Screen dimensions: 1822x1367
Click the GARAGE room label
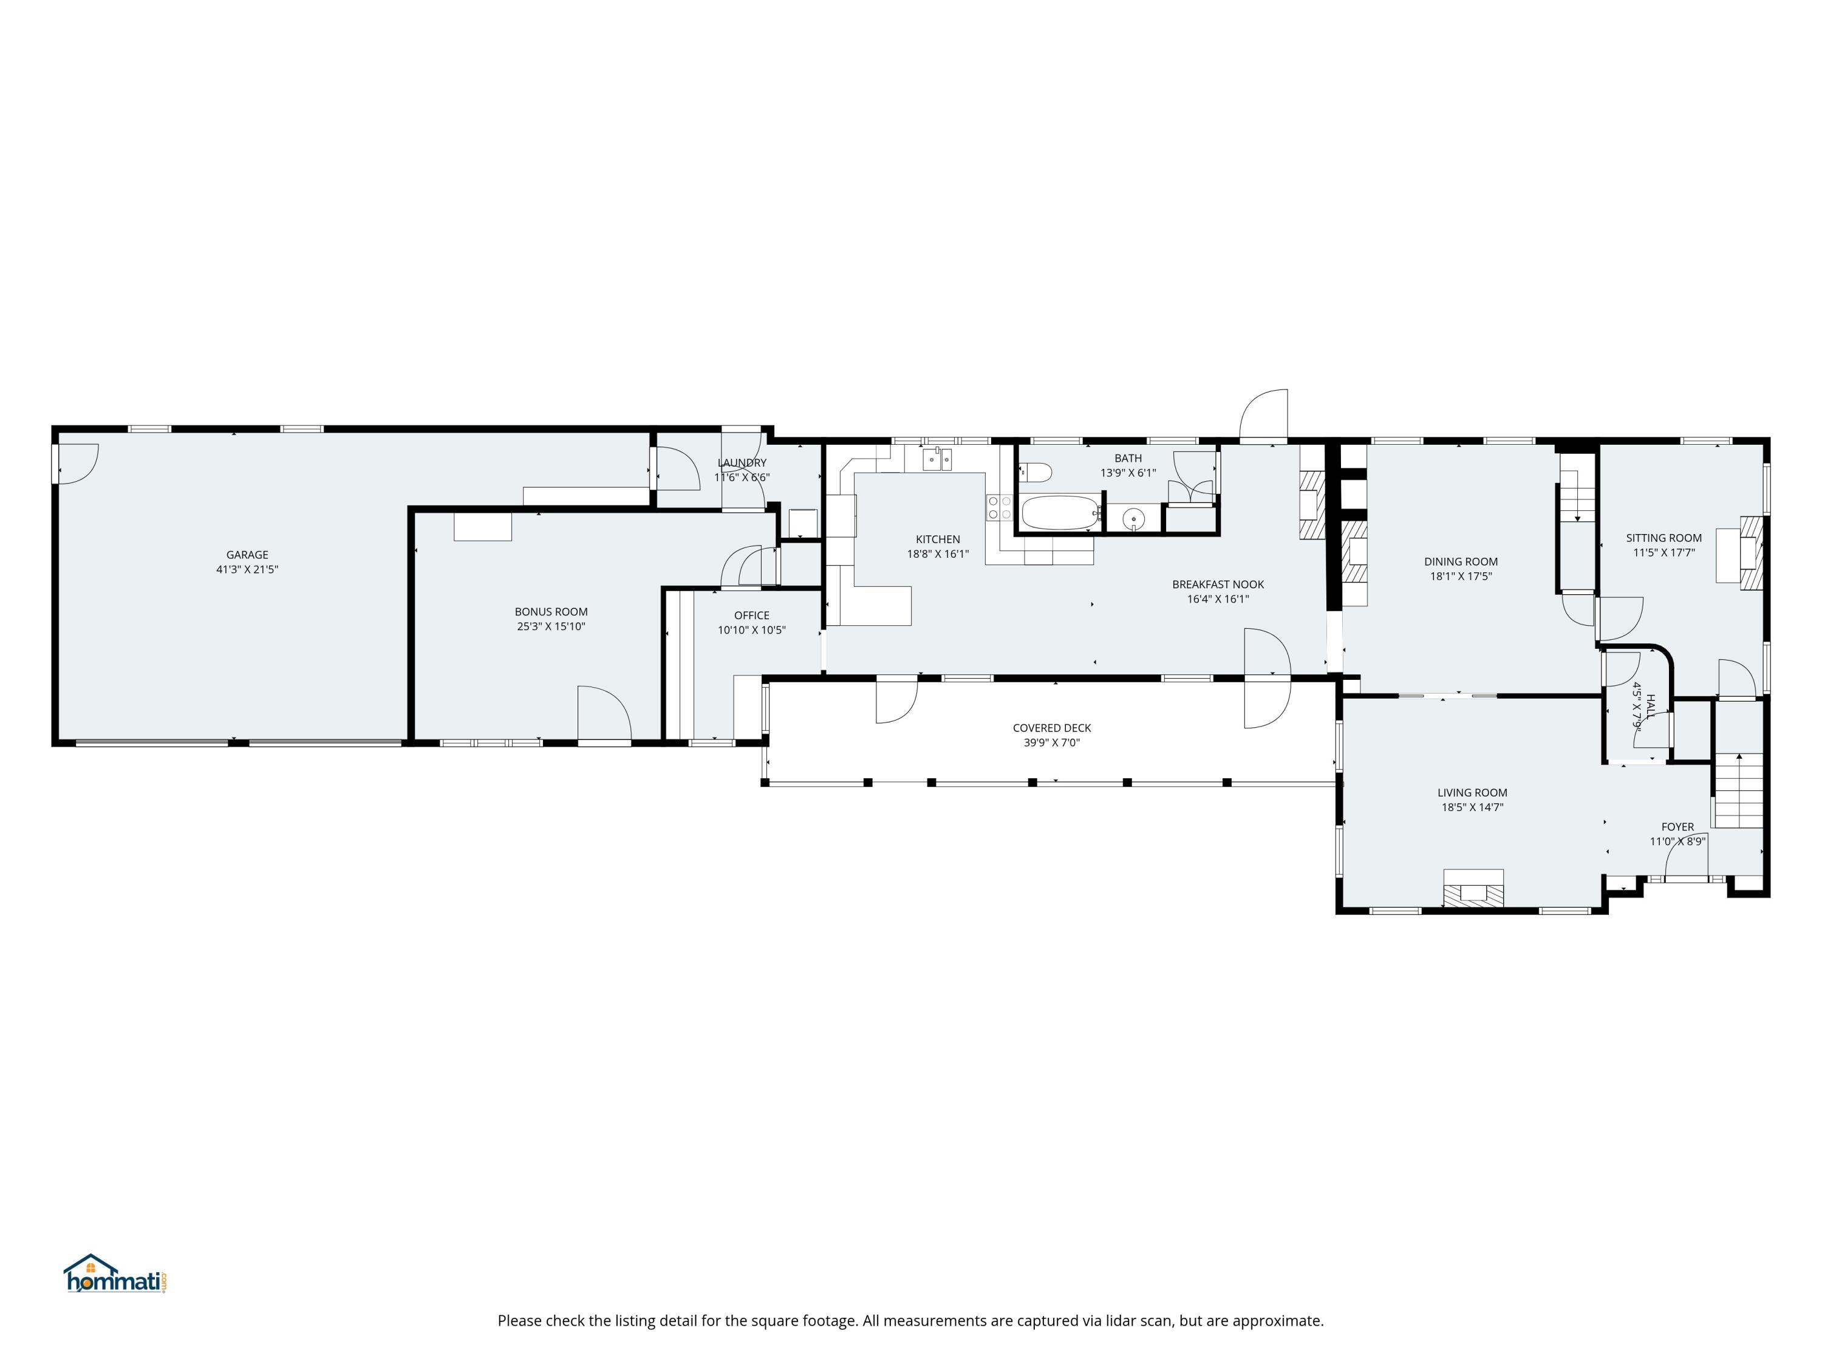(x=247, y=555)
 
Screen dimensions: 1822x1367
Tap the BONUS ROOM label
(x=551, y=611)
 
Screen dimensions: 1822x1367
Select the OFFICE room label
(x=751, y=615)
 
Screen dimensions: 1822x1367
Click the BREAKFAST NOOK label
(x=1218, y=585)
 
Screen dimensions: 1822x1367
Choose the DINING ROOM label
(x=1461, y=562)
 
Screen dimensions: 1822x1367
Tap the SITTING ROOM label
(x=1663, y=538)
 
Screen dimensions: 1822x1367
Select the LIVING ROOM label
(x=1472, y=793)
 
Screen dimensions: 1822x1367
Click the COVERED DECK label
(x=1052, y=728)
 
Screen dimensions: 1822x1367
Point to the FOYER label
(x=1677, y=826)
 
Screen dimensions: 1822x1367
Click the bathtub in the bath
(x=1061, y=513)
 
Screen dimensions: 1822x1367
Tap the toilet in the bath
(x=1036, y=473)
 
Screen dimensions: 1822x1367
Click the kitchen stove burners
(x=999, y=507)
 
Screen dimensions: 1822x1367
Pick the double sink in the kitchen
(x=937, y=458)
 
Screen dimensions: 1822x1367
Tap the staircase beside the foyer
(x=1738, y=790)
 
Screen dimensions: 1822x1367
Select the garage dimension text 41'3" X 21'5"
(x=247, y=569)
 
